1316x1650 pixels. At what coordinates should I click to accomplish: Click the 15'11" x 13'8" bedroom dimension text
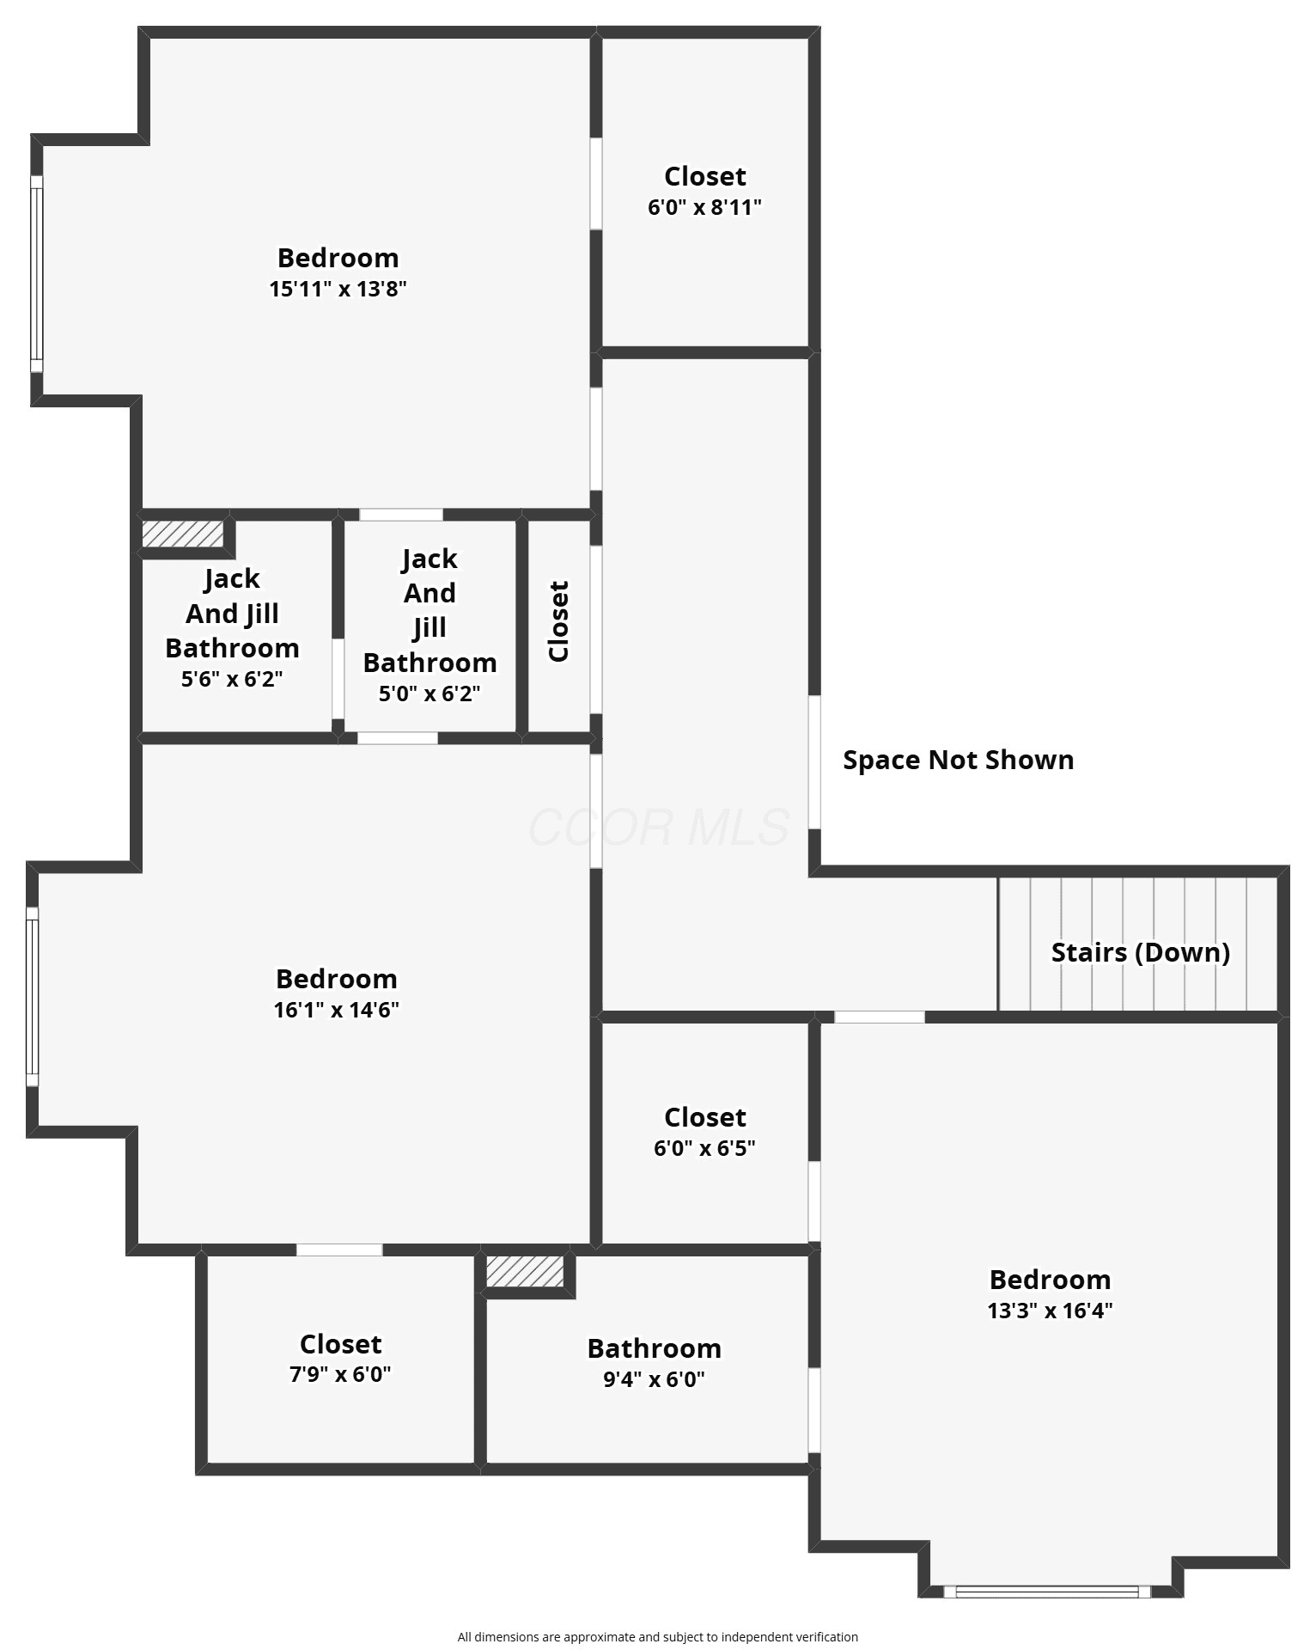coord(338,289)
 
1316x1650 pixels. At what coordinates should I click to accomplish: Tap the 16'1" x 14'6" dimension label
coord(337,1010)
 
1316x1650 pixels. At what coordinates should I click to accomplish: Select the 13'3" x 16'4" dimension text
coord(1050,1311)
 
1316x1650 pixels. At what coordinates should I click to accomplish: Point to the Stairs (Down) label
coord(1141,952)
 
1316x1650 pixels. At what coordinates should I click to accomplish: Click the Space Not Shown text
coord(958,760)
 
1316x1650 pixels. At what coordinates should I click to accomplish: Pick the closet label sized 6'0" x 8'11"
coord(704,207)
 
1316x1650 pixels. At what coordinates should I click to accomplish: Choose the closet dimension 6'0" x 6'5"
coord(704,1148)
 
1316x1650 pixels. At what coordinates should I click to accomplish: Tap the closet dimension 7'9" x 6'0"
coord(340,1374)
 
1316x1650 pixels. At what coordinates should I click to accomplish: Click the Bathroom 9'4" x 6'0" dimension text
coord(654,1379)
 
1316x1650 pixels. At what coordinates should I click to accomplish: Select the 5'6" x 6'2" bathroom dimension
coord(232,679)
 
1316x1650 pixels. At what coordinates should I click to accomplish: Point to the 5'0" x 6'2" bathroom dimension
coord(430,694)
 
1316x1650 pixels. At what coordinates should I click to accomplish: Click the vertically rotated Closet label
coord(558,621)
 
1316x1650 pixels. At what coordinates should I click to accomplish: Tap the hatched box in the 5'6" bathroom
coord(183,534)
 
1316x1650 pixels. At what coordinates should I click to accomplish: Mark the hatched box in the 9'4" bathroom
coord(525,1272)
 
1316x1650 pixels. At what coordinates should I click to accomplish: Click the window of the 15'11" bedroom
coord(36,274)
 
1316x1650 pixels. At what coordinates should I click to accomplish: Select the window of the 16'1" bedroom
coord(32,997)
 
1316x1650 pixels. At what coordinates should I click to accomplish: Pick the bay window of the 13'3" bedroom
coord(1046,1592)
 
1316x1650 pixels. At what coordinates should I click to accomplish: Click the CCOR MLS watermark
coord(659,827)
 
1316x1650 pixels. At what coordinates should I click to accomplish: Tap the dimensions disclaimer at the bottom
coord(658,1637)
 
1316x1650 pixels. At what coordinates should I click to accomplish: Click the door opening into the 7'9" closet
coord(339,1250)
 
